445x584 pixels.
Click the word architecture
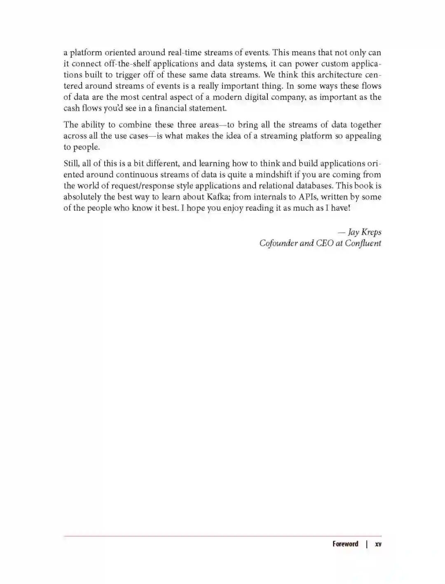pos(337,75)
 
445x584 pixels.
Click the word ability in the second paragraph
pos(93,125)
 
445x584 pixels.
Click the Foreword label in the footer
pos(345,544)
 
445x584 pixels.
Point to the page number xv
pos(378,544)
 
